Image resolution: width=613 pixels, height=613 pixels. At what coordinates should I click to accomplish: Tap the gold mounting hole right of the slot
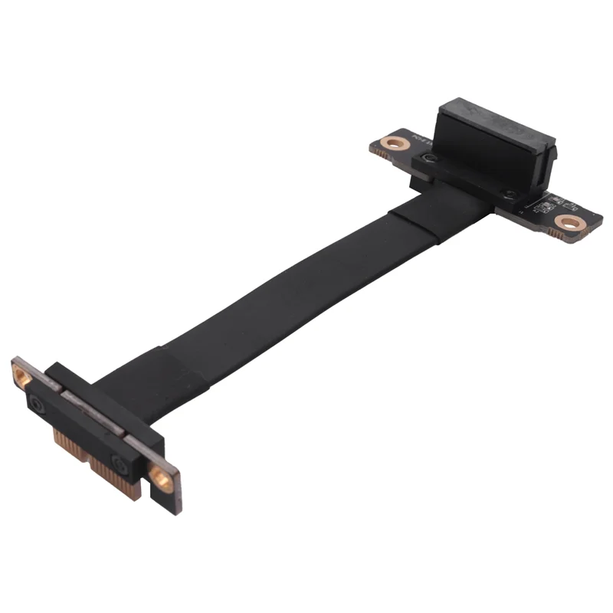pos(568,223)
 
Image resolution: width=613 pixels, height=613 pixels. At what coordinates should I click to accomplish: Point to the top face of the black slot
pos(491,119)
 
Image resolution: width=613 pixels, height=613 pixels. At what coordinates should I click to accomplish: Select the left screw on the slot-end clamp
pos(428,160)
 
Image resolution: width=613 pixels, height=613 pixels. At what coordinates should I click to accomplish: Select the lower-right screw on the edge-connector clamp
pos(120,463)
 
